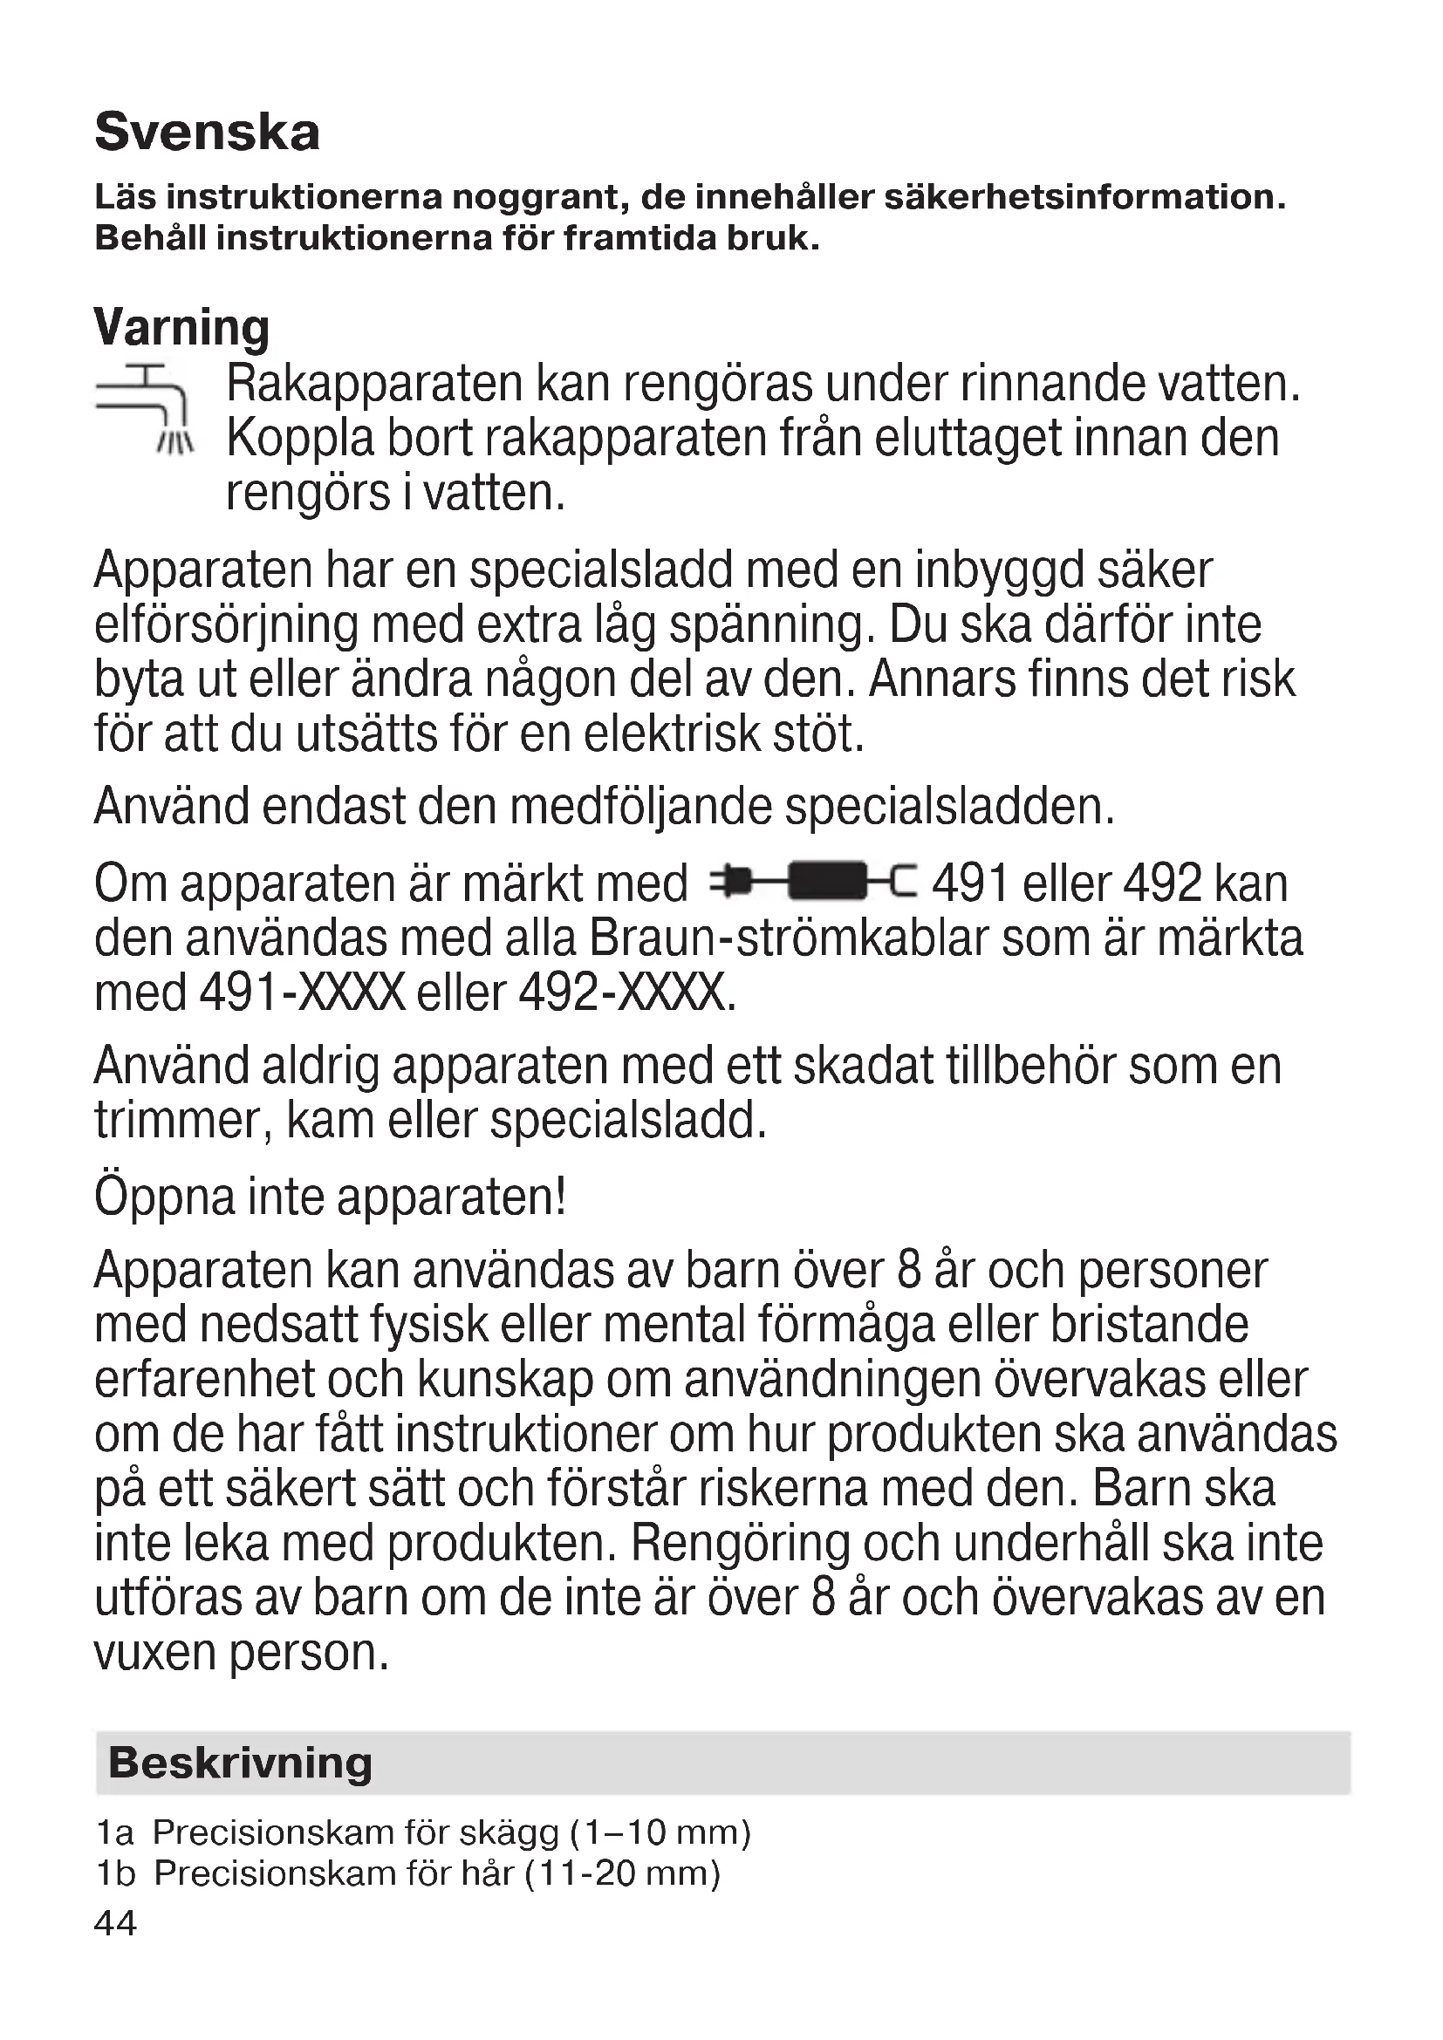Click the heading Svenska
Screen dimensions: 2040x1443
click(207, 133)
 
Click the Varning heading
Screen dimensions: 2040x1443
click(181, 328)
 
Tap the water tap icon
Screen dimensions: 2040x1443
click(144, 408)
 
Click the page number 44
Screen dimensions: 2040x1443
click(115, 1923)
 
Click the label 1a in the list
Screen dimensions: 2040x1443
click(114, 1833)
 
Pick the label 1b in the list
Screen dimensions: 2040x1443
click(115, 1873)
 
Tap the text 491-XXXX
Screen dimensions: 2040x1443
click(303, 993)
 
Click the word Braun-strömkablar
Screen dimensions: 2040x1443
click(788, 938)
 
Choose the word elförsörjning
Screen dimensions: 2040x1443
click(227, 624)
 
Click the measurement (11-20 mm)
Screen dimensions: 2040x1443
click(622, 1873)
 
